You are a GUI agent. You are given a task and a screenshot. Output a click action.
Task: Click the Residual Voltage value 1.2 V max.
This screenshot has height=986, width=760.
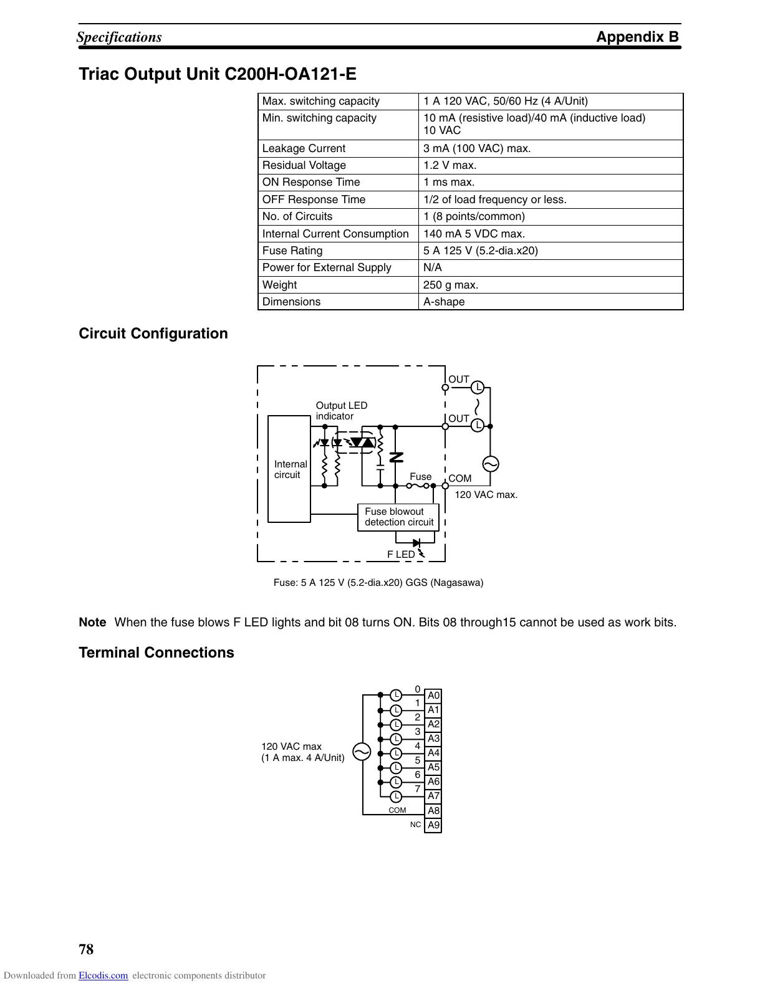(x=450, y=165)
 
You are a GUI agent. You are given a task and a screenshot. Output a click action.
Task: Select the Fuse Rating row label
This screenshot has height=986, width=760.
(x=292, y=251)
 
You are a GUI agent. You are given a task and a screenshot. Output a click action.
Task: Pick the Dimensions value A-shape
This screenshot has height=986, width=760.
(x=444, y=302)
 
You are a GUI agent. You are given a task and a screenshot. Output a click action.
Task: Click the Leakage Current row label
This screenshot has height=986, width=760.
(x=304, y=148)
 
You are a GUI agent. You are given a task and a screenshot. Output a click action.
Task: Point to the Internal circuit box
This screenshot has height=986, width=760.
(x=289, y=469)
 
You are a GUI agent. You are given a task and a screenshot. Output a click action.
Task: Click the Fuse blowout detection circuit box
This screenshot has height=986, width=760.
(x=398, y=517)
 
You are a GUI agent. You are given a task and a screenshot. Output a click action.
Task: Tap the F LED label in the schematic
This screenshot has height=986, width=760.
(x=401, y=554)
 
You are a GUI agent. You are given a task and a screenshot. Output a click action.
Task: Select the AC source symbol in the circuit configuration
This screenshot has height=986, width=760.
(x=490, y=464)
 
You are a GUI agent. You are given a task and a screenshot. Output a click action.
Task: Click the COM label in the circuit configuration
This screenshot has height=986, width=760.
(x=460, y=478)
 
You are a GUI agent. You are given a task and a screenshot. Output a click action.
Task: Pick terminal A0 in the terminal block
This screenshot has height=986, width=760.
(x=433, y=696)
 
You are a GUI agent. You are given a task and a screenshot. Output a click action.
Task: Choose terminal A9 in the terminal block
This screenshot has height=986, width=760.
(x=433, y=825)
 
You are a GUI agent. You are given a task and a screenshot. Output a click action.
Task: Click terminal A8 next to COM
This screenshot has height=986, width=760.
(x=433, y=811)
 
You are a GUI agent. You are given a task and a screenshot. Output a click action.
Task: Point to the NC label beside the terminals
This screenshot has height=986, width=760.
(x=415, y=825)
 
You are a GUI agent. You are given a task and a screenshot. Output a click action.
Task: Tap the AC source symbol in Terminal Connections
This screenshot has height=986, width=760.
(x=362, y=752)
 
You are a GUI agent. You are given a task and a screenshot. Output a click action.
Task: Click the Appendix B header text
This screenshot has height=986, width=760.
(x=637, y=37)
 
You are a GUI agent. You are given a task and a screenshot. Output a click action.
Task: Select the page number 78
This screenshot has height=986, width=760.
(x=86, y=949)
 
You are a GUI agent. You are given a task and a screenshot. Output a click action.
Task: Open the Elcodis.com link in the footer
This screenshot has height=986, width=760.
(x=103, y=976)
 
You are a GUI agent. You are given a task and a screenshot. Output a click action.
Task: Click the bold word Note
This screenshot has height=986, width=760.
(x=92, y=622)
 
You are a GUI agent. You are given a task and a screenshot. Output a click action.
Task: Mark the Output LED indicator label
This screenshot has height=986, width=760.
(x=341, y=411)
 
